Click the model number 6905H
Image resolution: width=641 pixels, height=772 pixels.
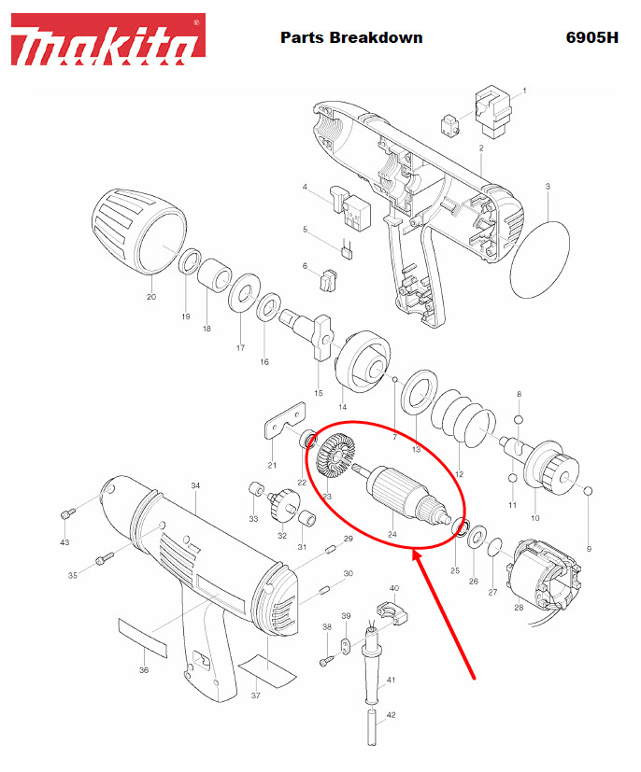click(x=591, y=38)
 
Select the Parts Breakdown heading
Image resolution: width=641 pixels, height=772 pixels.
click(x=351, y=38)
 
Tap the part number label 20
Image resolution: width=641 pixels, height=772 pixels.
click(x=151, y=297)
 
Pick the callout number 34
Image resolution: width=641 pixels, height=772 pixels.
click(x=195, y=485)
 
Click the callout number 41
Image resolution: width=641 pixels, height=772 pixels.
click(x=391, y=679)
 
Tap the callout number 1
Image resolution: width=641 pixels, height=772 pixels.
click(x=524, y=90)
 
